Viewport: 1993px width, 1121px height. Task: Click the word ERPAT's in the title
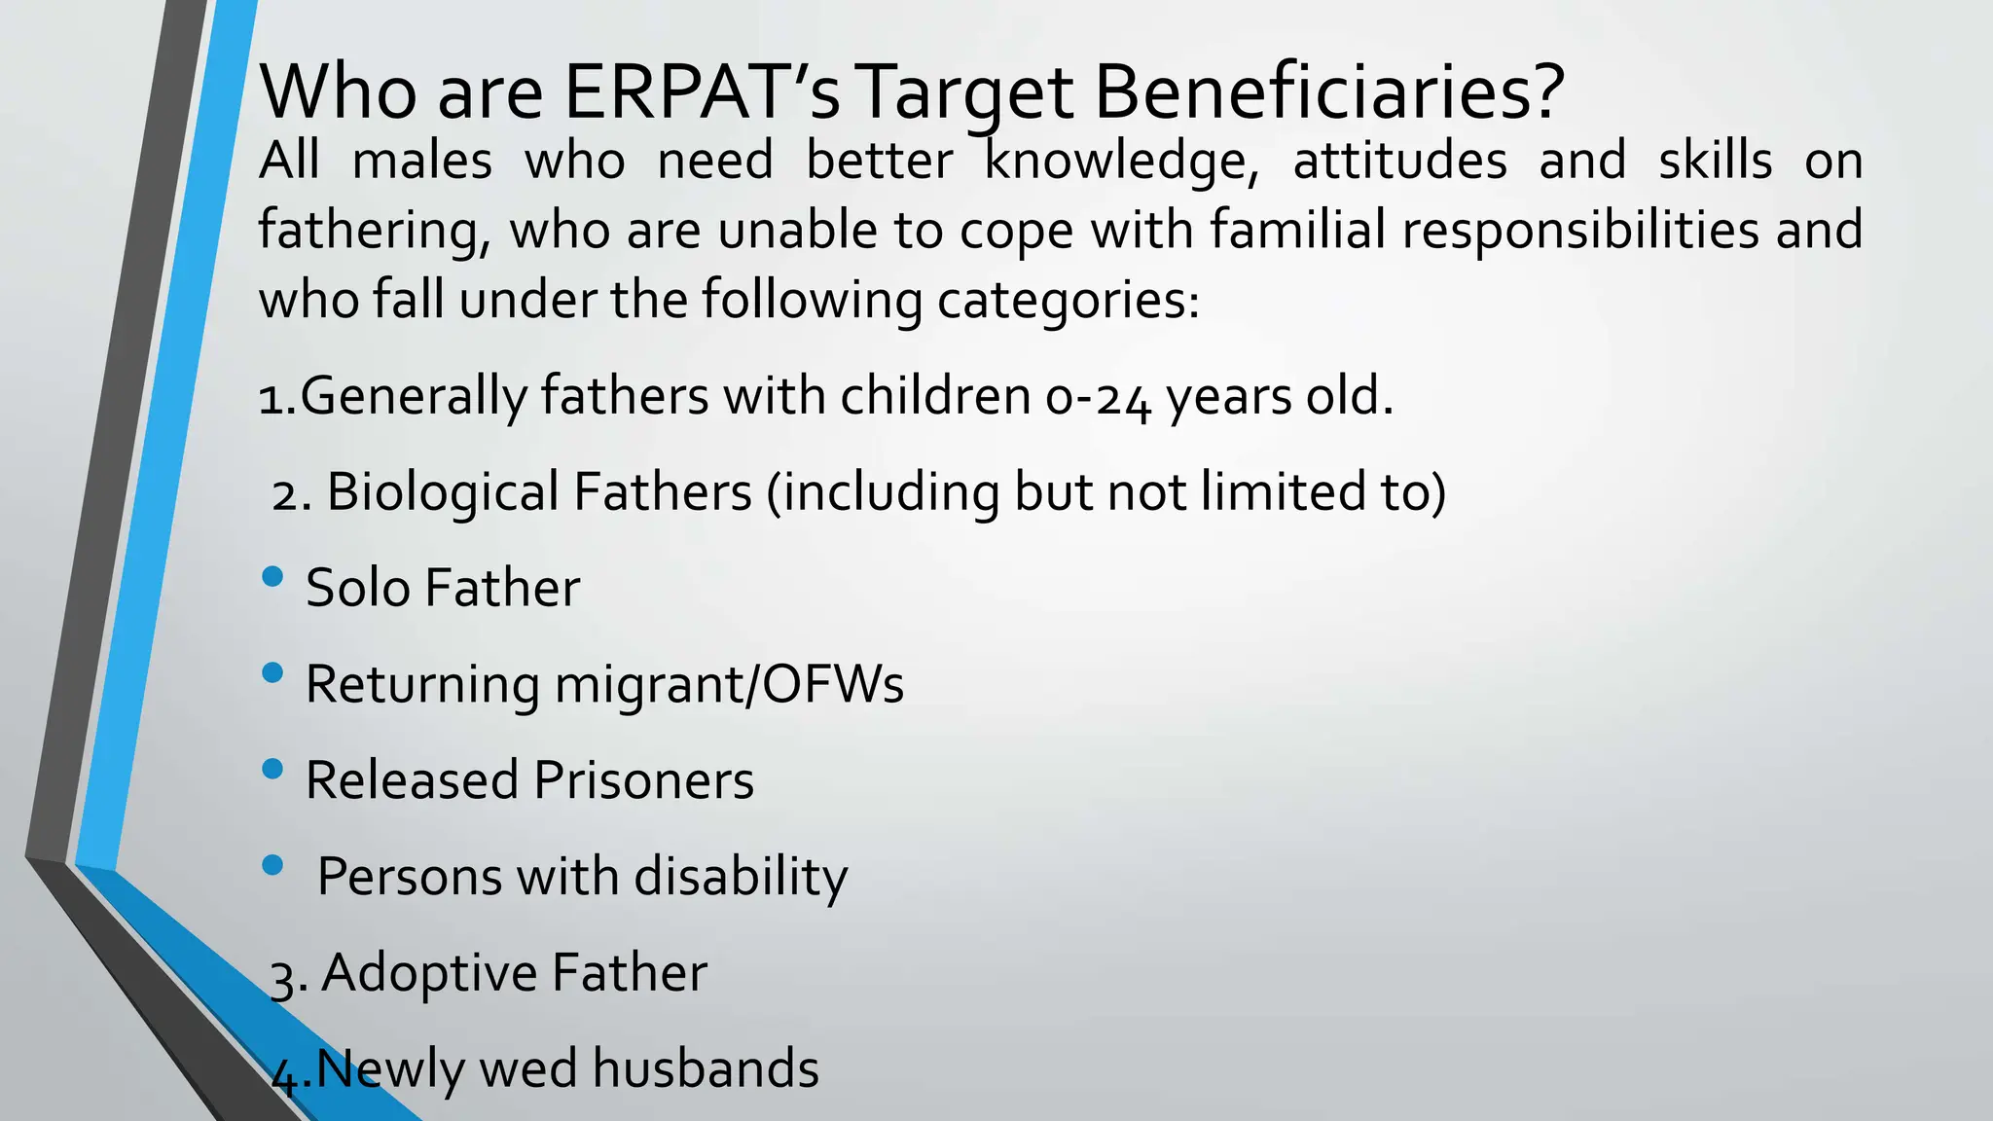701,92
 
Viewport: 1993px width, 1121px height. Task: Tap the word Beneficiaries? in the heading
1328,92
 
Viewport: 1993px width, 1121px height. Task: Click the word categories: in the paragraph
1068,301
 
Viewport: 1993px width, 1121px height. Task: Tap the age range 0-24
1098,397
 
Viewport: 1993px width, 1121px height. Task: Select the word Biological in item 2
441,492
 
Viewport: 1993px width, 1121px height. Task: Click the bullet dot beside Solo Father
273,577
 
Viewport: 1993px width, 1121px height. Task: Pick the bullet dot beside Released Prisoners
273,770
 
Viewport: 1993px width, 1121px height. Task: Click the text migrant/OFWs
729,684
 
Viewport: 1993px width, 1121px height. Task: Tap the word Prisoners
643,780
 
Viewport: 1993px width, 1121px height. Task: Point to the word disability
742,877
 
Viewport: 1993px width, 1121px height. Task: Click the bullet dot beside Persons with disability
273,865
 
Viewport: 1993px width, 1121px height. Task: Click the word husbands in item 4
706,1068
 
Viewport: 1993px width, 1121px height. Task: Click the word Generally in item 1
413,397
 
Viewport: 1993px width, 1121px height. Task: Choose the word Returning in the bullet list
421,685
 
